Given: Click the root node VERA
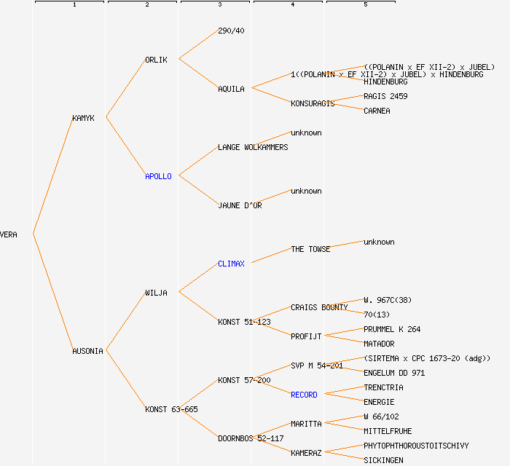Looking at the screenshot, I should [9, 234].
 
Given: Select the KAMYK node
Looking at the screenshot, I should [83, 118].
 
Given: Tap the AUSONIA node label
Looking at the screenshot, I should [87, 351].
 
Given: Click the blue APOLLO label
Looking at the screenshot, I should [158, 176].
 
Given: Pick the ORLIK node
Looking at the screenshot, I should [156, 60].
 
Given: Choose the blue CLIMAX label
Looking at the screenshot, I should [231, 264].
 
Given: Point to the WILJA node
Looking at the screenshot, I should [156, 293].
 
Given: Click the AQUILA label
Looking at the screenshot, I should [231, 89].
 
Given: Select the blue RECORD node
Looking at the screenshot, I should [304, 395].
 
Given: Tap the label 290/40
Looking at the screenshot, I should [231, 31].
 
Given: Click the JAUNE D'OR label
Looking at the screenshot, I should [240, 205].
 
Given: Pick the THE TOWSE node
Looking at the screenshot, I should [310, 249].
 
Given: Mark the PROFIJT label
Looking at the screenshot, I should [306, 336].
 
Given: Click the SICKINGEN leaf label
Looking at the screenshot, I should [383, 460].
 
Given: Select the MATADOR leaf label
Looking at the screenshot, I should [379, 344].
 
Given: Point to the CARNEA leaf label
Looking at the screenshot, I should [377, 111].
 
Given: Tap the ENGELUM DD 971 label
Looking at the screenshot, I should [394, 373].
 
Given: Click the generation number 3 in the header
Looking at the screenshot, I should [219, 5].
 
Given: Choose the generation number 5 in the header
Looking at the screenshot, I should [365, 5].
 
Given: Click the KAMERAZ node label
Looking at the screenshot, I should [306, 453].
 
